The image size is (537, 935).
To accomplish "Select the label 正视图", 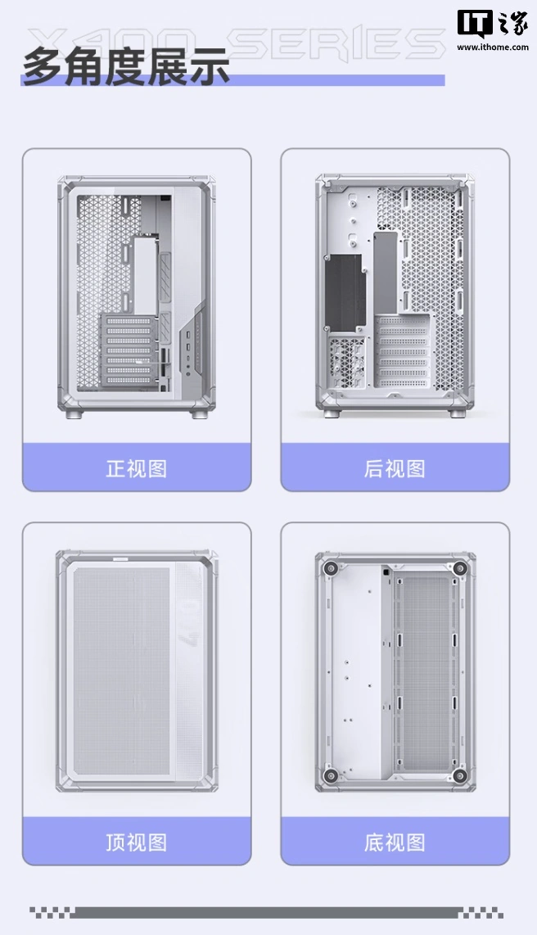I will click(x=136, y=468).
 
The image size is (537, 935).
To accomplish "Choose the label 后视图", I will click(x=395, y=468).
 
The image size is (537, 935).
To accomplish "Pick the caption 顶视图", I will click(x=136, y=842).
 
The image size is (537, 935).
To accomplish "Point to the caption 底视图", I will click(x=395, y=842).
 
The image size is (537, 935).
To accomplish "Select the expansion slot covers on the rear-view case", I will click(x=401, y=352).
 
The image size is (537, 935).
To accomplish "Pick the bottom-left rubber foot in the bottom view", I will click(x=331, y=775).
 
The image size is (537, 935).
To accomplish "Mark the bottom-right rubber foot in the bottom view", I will click(x=459, y=775).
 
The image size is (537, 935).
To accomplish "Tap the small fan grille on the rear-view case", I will click(x=349, y=359).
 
